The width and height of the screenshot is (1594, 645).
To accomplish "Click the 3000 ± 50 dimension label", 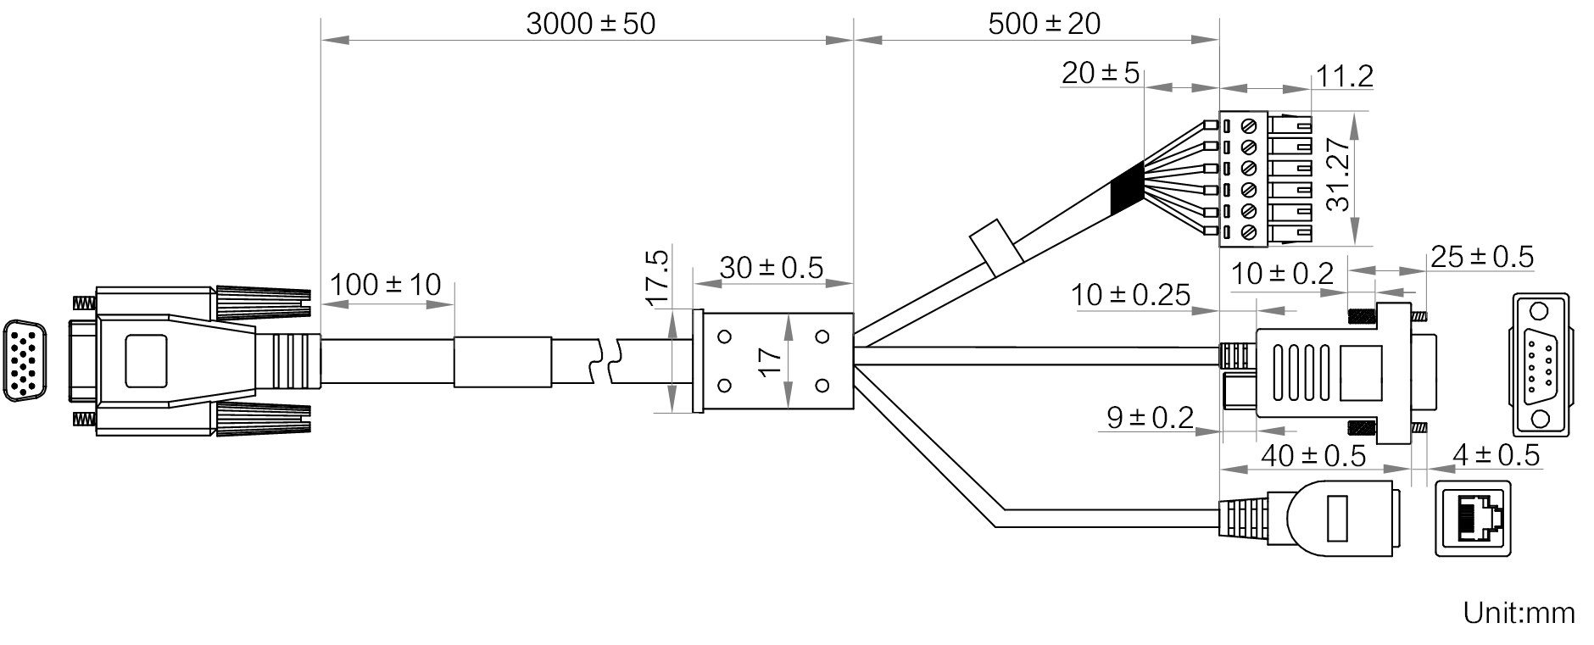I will (x=590, y=24).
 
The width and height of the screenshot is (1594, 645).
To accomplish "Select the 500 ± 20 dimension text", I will (x=1044, y=24).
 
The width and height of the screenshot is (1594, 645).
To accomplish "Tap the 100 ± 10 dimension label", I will (x=385, y=285).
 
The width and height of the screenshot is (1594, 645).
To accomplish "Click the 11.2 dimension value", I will (x=1344, y=77).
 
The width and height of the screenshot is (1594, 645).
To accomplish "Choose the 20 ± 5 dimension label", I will (x=1101, y=74).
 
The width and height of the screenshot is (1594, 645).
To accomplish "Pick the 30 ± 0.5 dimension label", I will (x=772, y=268).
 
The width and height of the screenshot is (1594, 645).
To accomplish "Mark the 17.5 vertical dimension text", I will (x=658, y=277).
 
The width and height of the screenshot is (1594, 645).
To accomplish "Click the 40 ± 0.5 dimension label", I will (x=1313, y=456).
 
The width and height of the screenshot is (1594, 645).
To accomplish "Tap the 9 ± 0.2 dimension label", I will (x=1150, y=417).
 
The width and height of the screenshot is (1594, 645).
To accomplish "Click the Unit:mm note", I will (x=1519, y=614).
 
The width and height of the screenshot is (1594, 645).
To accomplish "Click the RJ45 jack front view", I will (x=1474, y=519).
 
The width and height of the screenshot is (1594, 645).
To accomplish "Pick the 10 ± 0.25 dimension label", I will (x=1130, y=295).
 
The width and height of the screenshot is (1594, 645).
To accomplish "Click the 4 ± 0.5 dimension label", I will (x=1496, y=456).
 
